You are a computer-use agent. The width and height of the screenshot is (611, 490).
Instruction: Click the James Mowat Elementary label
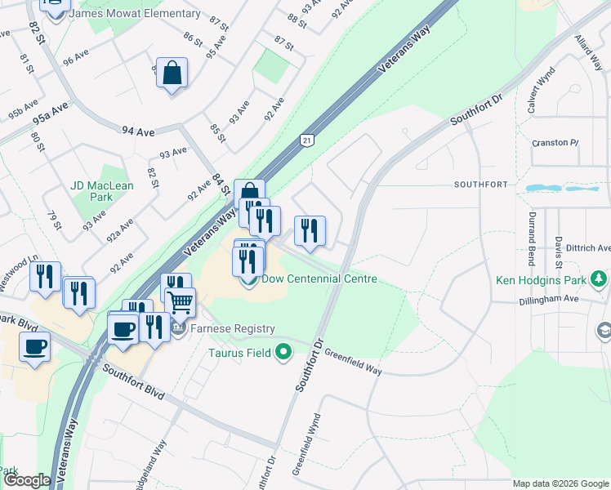point(135,14)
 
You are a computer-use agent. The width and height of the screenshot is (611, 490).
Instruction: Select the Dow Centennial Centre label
point(319,279)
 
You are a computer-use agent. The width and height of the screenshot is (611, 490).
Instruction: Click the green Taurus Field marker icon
point(283,353)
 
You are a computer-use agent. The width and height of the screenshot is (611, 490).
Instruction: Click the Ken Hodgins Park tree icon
point(600,279)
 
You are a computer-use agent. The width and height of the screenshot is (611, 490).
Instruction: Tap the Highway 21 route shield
point(307,140)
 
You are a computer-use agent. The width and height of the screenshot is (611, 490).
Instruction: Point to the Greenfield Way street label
point(353,362)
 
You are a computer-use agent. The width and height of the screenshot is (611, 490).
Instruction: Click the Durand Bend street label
point(532,238)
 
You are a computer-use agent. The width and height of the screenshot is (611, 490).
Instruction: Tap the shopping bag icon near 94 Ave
point(172,73)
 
